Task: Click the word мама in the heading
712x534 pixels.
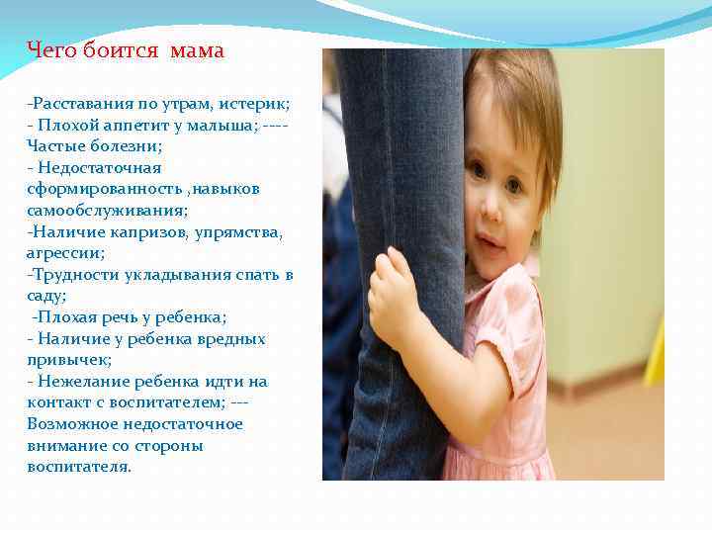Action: click(197, 50)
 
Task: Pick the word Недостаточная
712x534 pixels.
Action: click(99, 168)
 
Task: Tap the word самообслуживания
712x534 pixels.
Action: click(106, 211)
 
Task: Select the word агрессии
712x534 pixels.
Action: click(64, 253)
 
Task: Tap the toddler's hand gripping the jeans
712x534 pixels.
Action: click(392, 293)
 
